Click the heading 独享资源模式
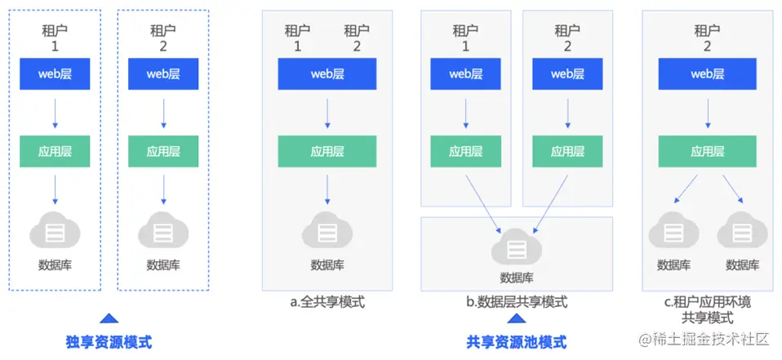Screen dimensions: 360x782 point(109,342)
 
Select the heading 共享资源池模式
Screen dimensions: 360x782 point(516,342)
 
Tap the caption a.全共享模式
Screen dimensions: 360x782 point(327,302)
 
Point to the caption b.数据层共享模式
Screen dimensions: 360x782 point(516,302)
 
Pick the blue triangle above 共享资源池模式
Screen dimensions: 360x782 point(516,319)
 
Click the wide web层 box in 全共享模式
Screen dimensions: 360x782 point(327,74)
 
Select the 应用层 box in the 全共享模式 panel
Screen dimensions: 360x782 point(327,151)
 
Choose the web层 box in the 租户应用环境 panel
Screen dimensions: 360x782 point(707,74)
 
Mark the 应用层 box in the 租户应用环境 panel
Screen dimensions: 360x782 point(707,151)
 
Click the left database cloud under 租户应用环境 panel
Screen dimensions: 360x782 point(673,233)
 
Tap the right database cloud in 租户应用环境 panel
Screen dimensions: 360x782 point(741,233)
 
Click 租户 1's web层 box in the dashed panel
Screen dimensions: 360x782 point(55,74)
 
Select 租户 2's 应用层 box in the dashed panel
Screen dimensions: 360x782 point(163,151)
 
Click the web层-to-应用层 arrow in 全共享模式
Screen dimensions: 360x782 point(327,113)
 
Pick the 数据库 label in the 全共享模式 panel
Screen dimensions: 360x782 point(327,265)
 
